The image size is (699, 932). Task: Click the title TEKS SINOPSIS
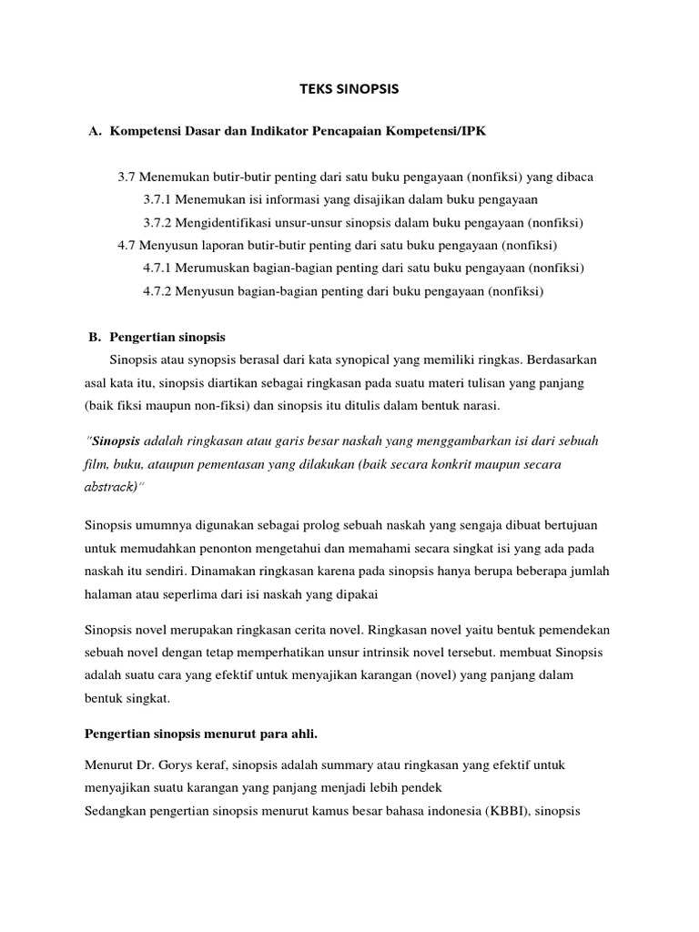point(349,89)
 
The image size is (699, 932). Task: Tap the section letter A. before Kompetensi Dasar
point(94,132)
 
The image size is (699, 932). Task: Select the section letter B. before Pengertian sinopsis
point(94,337)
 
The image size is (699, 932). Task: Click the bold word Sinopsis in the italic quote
point(116,441)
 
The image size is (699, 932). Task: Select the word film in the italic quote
point(94,464)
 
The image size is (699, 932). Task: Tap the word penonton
point(230,550)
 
